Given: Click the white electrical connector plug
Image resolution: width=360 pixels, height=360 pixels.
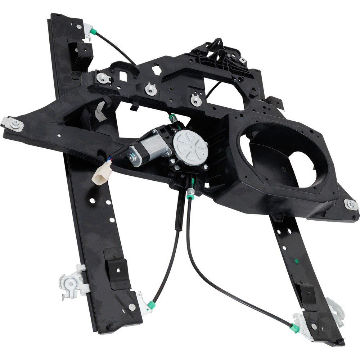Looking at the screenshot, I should tap(102, 173).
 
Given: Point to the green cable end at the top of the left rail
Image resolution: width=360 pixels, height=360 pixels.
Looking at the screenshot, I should tap(94, 32).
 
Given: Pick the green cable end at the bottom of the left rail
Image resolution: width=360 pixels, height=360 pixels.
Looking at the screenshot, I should tap(151, 305).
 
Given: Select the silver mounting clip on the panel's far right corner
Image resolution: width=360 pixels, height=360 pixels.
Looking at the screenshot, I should tap(351, 204).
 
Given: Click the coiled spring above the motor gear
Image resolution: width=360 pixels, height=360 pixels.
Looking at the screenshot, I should tap(174, 118).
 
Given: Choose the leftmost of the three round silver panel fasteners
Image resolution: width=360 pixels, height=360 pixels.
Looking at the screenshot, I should tap(104, 77).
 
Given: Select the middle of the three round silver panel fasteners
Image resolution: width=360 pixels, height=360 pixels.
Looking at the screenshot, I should tap(151, 89).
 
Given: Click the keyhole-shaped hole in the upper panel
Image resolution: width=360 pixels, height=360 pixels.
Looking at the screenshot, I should tap(157, 69).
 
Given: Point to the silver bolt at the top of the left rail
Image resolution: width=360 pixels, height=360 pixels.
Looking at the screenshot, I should tap(79, 26).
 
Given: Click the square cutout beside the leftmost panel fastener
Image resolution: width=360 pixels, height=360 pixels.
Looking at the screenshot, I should tap(123, 76).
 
